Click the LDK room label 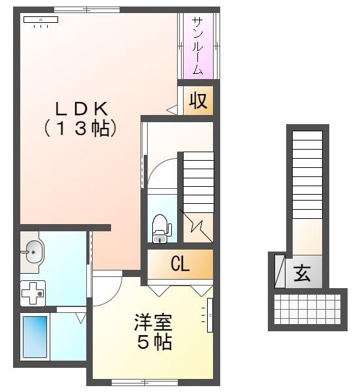(x=80, y=108)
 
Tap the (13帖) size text (x=80, y=129)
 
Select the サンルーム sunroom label (x=197, y=45)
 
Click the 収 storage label (x=198, y=101)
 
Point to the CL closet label (x=180, y=265)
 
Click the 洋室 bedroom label (x=154, y=322)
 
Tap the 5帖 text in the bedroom (x=154, y=342)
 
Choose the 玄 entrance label (x=302, y=274)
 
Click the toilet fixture (x=160, y=226)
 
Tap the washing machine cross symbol (x=32, y=293)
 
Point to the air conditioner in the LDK (x=41, y=20)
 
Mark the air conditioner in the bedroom (x=210, y=316)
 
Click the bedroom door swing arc (x=108, y=287)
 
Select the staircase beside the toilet (x=197, y=183)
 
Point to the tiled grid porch (x=307, y=309)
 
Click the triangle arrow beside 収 (x=172, y=110)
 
